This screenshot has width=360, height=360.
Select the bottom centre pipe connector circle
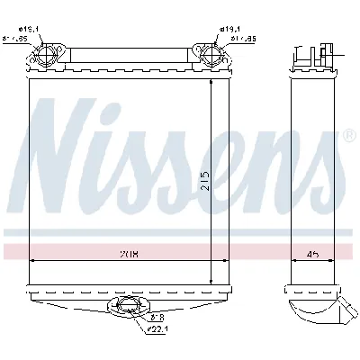(127, 309)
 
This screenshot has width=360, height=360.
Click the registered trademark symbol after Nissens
(348, 136)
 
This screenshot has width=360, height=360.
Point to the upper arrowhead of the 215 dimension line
(211, 81)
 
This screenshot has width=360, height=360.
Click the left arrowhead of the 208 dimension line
(33, 260)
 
